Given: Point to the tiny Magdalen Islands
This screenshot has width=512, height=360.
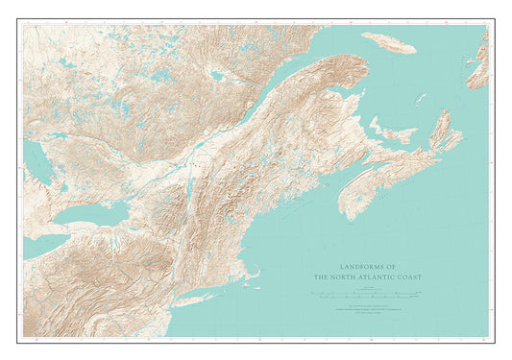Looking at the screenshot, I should [x=420, y=98].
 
